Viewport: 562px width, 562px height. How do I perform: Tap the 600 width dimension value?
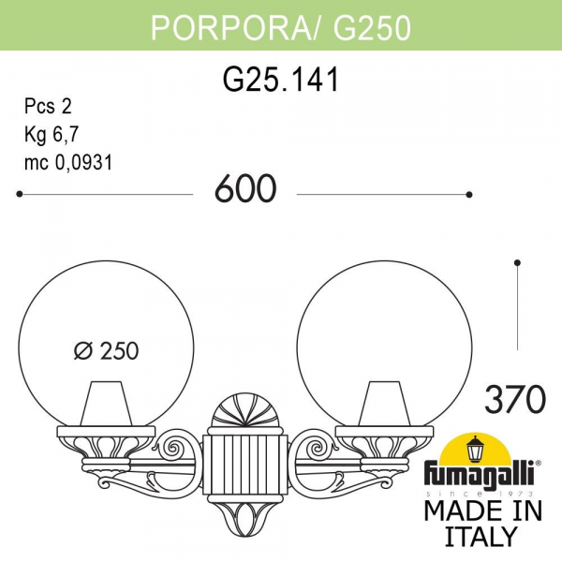[245, 190]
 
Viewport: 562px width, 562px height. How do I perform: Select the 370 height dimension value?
[514, 400]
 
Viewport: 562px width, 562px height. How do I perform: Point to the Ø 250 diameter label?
[106, 351]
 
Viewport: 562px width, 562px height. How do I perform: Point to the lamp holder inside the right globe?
[385, 403]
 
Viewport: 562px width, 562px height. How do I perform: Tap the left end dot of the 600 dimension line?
[21, 195]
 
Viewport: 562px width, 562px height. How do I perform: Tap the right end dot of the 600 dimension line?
[468, 195]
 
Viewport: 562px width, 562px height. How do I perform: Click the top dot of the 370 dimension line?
[517, 262]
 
